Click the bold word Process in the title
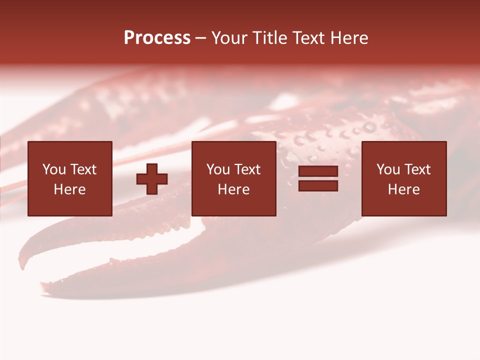[x=157, y=38]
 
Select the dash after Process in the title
[x=201, y=38]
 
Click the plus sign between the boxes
[x=152, y=179]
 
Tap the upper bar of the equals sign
[x=318, y=171]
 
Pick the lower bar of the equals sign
[x=318, y=185]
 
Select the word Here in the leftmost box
[x=69, y=189]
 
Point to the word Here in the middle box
[x=233, y=189]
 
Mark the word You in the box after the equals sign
[x=388, y=169]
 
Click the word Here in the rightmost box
[x=403, y=189]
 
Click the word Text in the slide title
[x=308, y=38]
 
